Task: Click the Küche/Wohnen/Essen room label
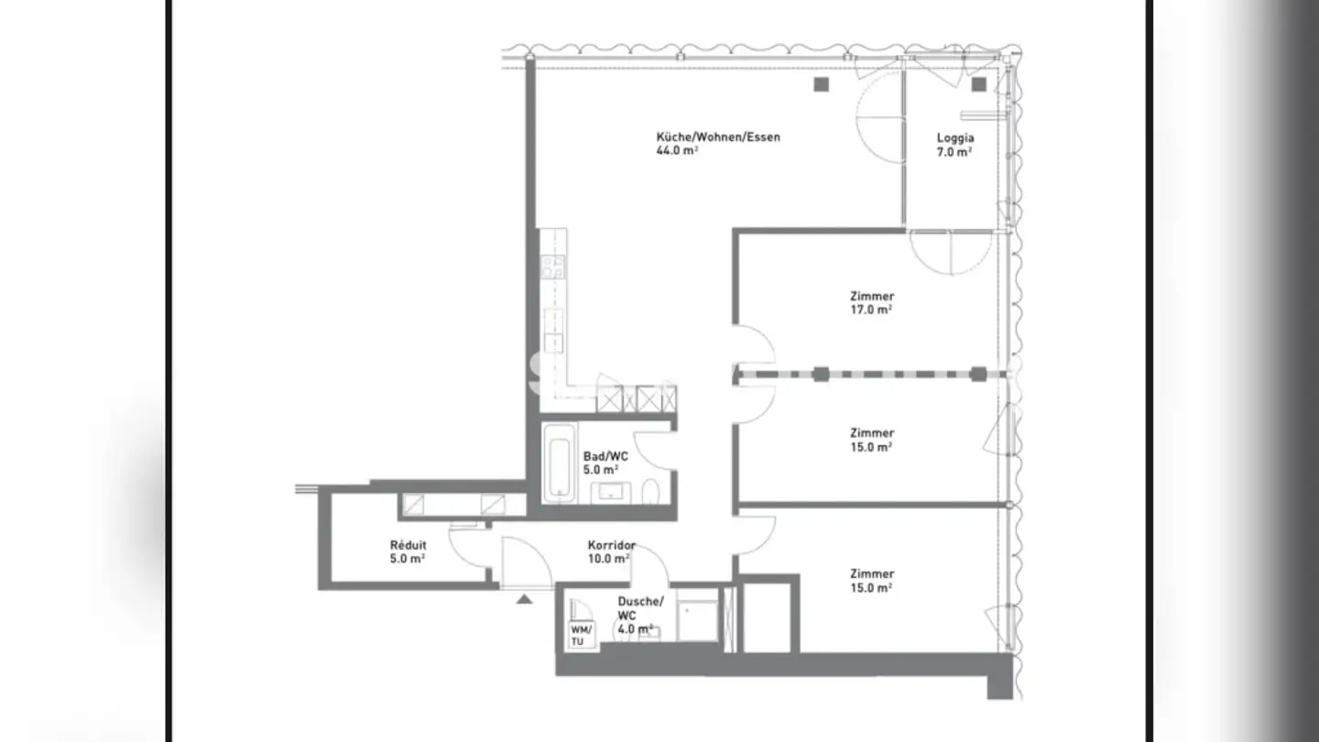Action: [718, 136]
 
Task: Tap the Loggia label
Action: [955, 137]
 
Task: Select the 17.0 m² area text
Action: [871, 310]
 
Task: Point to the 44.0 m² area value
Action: [677, 151]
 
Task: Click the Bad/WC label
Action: [605, 456]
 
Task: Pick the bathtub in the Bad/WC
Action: [559, 463]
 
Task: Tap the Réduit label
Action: [408, 545]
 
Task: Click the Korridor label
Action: [611, 545]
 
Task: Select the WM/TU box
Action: [581, 636]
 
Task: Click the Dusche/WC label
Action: [640, 608]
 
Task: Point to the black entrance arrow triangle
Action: [524, 599]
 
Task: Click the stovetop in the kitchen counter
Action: [552, 267]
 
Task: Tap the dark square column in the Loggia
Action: [978, 84]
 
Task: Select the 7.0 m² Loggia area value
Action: [954, 152]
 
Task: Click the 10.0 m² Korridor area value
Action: [608, 559]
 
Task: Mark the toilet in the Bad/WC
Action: [650, 491]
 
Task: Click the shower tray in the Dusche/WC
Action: [697, 620]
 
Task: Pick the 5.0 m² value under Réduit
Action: [407, 559]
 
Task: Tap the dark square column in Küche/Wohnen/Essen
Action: [822, 84]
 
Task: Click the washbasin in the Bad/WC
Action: [611, 492]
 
